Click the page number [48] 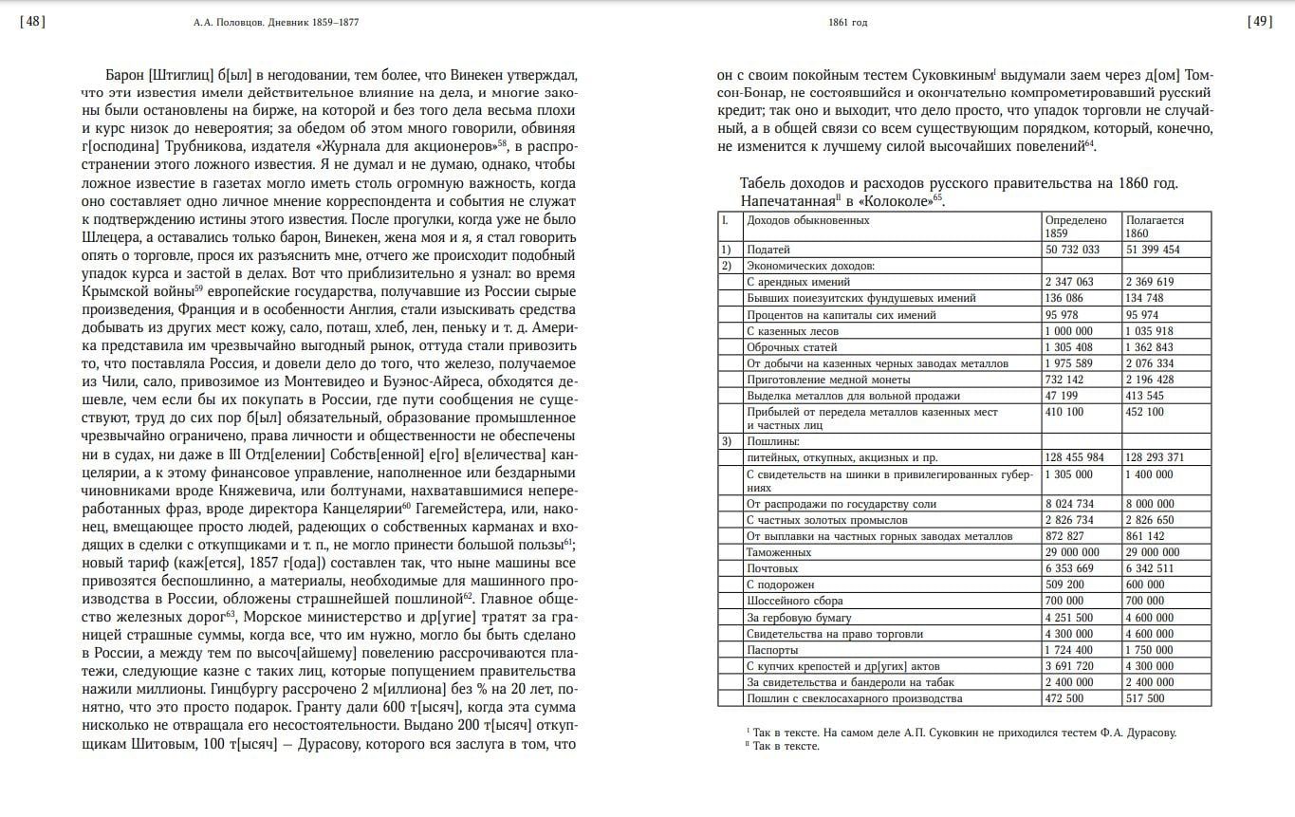pyautogui.click(x=31, y=22)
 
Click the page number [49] pyautogui.click(x=1262, y=22)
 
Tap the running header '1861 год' pyautogui.click(x=847, y=23)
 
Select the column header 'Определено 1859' pyautogui.click(x=1075, y=226)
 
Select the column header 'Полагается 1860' pyautogui.click(x=1154, y=226)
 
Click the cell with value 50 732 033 pyautogui.click(x=1072, y=250)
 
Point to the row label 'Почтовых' pyautogui.click(x=772, y=568)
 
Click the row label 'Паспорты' pyautogui.click(x=772, y=650)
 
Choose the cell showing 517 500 pyautogui.click(x=1145, y=698)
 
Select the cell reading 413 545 pyautogui.click(x=1145, y=395)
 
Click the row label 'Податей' pyautogui.click(x=769, y=250)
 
